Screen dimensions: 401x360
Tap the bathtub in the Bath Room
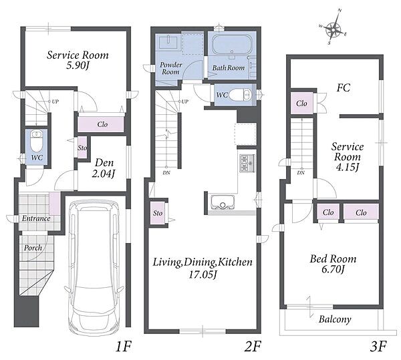(232, 45)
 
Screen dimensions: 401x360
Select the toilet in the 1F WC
(37, 142)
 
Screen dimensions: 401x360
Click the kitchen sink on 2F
(223, 202)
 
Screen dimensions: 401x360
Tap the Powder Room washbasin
(168, 42)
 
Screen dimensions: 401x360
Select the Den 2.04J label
(104, 168)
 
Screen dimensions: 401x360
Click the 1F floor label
(124, 347)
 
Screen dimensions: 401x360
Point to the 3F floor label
(378, 347)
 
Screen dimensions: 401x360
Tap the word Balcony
(335, 319)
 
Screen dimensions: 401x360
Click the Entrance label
(36, 218)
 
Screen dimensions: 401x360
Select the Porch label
(33, 248)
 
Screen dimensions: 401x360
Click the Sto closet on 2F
(158, 213)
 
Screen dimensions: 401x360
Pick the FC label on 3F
(344, 88)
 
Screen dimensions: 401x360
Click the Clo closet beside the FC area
(302, 104)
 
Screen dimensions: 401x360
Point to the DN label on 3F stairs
(301, 173)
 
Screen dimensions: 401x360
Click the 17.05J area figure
(203, 275)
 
